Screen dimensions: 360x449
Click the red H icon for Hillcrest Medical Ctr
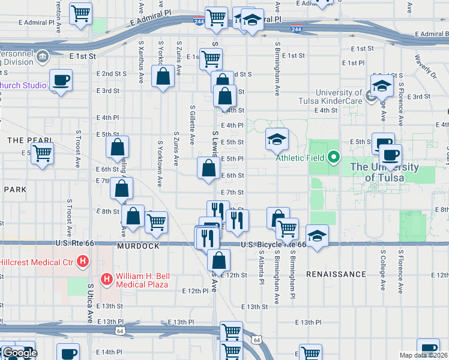pyautogui.click(x=83, y=262)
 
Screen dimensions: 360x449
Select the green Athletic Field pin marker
pyautogui.click(x=334, y=158)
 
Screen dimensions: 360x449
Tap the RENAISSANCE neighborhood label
pyautogui.click(x=336, y=274)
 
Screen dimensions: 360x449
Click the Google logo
pyautogui.click(x=19, y=353)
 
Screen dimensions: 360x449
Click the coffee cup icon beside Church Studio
pyautogui.click(x=61, y=79)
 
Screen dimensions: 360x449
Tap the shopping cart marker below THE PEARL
pyautogui.click(x=42, y=153)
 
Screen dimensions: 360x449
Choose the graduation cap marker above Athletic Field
pyautogui.click(x=277, y=139)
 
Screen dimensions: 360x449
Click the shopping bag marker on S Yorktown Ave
pyautogui.click(x=163, y=77)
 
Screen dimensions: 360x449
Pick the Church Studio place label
pyautogui.click(x=23, y=85)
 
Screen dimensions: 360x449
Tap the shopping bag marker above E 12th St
pyautogui.click(x=219, y=260)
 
